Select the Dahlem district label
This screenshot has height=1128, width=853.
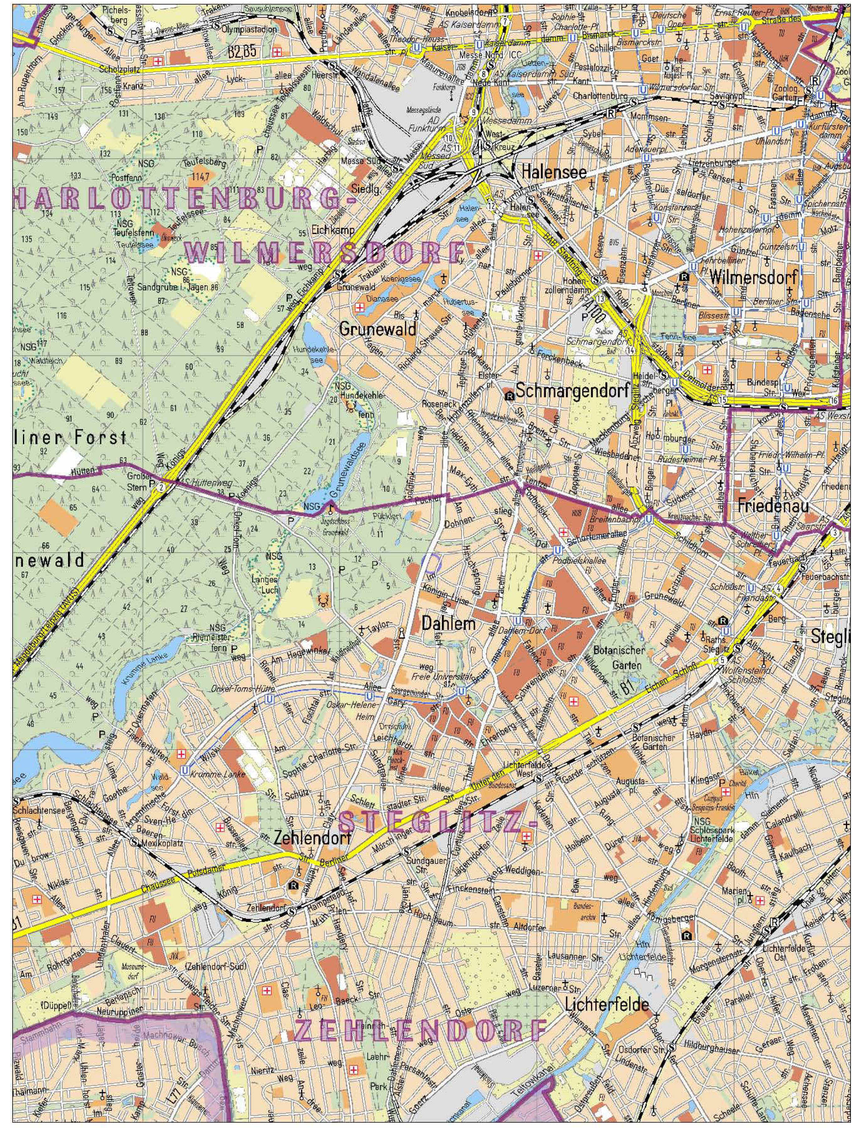coord(449,623)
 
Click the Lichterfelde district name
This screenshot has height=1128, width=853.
coord(607,1005)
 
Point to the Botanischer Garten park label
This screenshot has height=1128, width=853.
coord(619,658)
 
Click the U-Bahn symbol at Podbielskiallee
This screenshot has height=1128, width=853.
coord(558,550)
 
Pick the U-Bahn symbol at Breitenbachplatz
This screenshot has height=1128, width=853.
coord(649,519)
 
